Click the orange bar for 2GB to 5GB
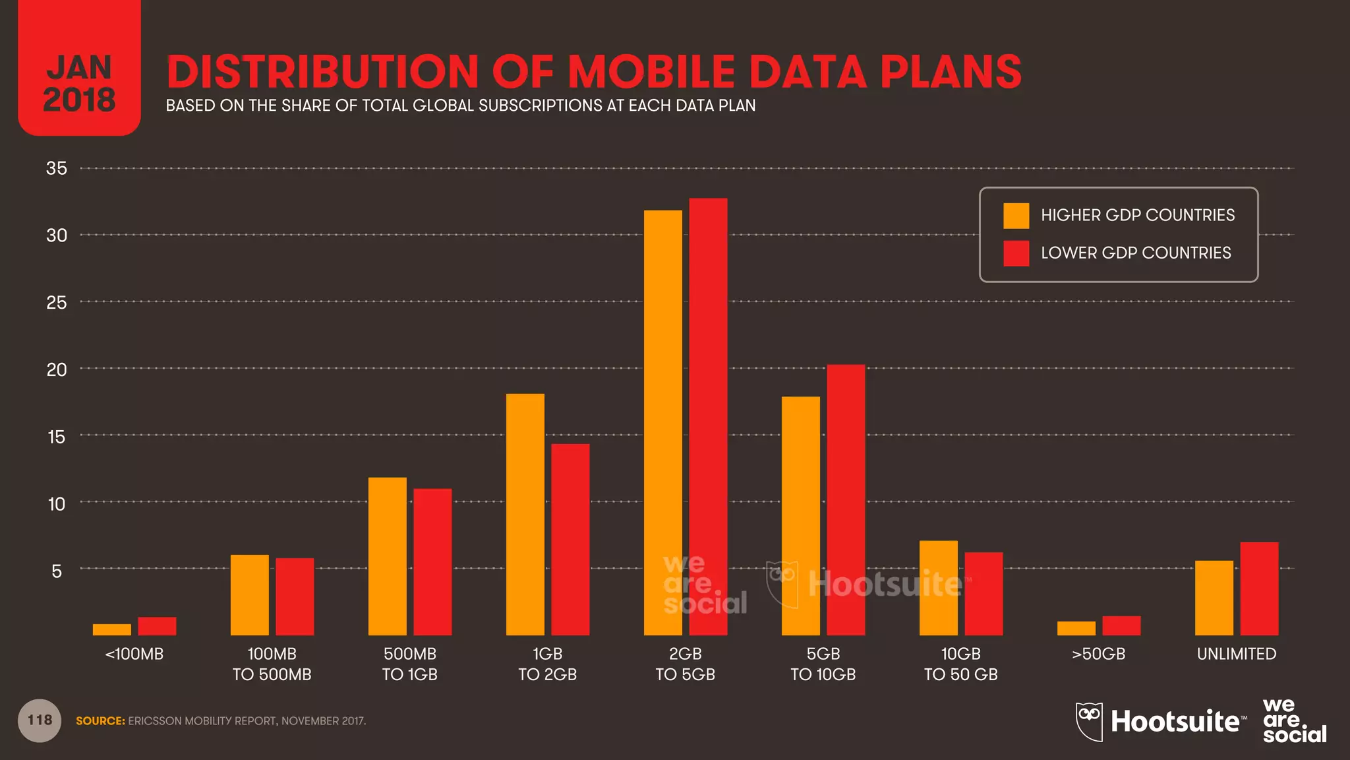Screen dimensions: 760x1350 662,422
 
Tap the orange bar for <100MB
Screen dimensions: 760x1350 111,629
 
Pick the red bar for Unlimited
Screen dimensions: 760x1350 1259,588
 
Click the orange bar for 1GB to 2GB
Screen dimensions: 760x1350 525,514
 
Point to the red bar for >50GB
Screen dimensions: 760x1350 1121,625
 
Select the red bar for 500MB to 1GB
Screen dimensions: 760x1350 432,561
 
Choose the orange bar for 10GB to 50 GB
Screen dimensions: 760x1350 938,588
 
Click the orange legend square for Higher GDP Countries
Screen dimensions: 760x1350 1016,216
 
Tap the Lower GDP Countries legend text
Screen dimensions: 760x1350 1135,253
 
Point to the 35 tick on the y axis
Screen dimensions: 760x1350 57,168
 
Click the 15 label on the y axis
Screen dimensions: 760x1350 57,436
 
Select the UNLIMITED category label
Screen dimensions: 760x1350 1236,654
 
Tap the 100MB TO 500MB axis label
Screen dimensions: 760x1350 272,664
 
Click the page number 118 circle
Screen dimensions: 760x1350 40,720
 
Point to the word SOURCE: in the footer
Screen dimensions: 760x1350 100,721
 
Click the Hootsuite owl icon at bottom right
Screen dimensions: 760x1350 1089,721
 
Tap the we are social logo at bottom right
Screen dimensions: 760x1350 1293,721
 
